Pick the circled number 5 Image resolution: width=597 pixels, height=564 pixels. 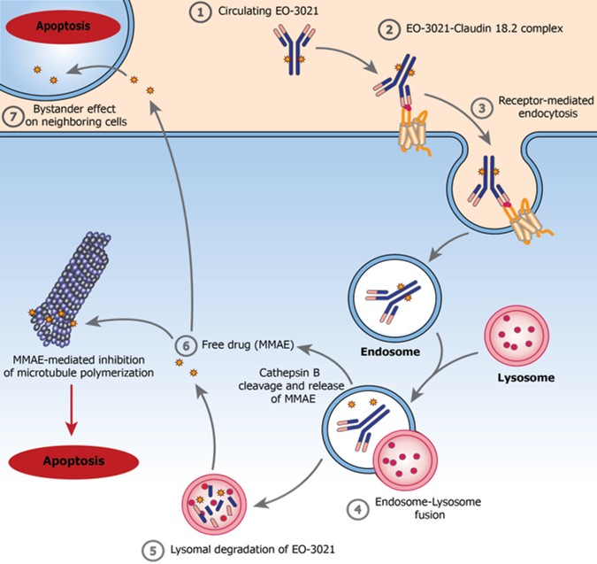pyautogui.click(x=152, y=547)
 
